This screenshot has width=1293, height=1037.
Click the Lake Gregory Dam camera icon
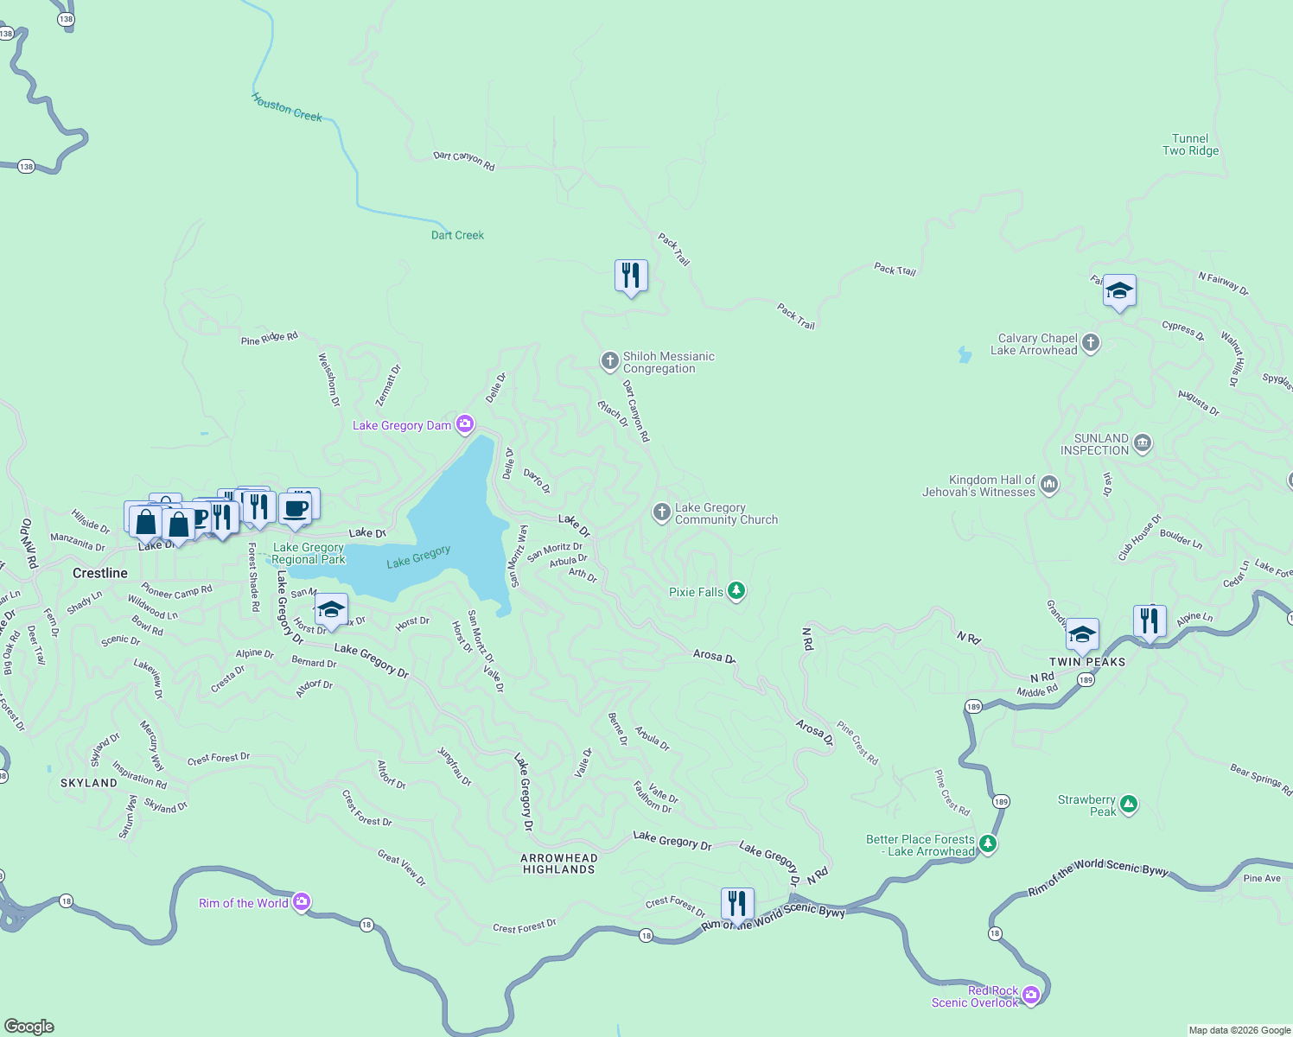click(x=465, y=424)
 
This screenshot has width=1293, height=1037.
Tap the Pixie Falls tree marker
click(x=736, y=591)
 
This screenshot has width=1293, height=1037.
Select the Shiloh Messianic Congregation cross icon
click(x=610, y=360)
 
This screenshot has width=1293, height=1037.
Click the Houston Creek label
click(x=287, y=108)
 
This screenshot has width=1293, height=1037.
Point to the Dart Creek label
click(x=457, y=235)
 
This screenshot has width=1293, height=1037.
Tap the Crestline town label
click(x=100, y=573)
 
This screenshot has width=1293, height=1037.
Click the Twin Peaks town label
click(x=1087, y=662)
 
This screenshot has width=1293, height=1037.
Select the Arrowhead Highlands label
click(x=559, y=864)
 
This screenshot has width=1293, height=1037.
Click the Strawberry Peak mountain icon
click(x=1129, y=805)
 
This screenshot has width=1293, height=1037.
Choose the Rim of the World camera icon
click(x=301, y=902)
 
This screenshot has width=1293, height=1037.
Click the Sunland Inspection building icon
click(x=1143, y=444)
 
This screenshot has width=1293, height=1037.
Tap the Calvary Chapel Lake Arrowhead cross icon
click(x=1091, y=343)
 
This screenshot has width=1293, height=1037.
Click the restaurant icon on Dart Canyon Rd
click(x=631, y=276)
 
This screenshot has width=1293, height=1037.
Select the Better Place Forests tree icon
click(x=988, y=844)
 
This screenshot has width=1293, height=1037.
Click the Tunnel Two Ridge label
click(x=1190, y=144)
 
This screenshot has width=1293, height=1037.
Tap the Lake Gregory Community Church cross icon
click(x=662, y=513)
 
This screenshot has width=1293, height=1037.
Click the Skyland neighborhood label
click(x=89, y=783)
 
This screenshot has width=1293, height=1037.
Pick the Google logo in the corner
click(x=29, y=1026)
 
